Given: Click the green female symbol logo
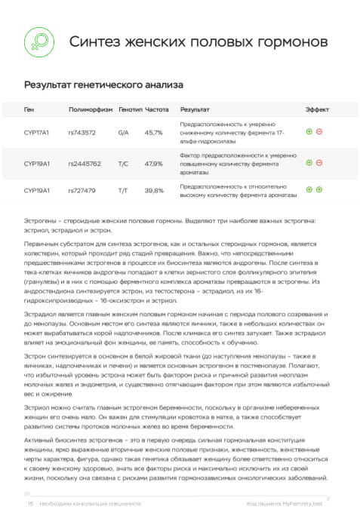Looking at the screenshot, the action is (36, 40).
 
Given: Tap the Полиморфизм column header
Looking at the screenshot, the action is (90, 109).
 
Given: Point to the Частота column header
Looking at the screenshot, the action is (157, 109).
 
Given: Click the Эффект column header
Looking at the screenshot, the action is (317, 109).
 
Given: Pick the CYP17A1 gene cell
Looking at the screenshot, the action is (36, 133).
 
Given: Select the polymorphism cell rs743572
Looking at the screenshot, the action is (82, 133).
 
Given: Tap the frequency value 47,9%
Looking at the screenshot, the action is (154, 163).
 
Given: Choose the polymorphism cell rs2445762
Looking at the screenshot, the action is (85, 163).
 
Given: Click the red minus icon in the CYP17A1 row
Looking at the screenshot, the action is (319, 132).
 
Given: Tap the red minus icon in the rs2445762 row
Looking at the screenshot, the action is (319, 162).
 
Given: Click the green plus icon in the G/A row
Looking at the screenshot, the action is (309, 132).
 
